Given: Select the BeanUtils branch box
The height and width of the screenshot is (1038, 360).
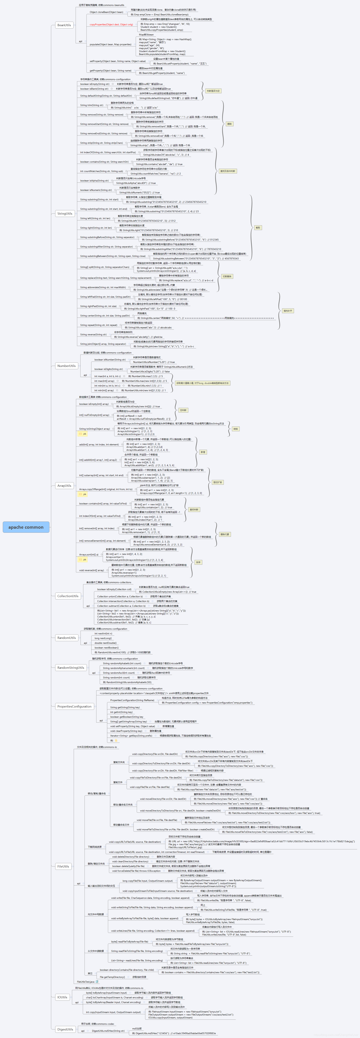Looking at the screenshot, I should (x=64, y=25).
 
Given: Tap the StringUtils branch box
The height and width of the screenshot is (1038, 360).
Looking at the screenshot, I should (x=64, y=214).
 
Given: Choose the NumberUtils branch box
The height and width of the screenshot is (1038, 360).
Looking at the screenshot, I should (x=66, y=366).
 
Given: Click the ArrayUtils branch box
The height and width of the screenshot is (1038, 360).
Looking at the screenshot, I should (x=64, y=486).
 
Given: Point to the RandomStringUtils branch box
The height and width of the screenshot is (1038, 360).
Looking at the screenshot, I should (x=71, y=668).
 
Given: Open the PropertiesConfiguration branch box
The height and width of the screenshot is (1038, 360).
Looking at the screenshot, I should (x=74, y=706).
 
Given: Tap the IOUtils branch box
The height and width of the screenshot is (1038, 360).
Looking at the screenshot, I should (x=62, y=997).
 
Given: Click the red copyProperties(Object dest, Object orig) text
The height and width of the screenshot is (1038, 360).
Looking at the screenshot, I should (x=111, y=25).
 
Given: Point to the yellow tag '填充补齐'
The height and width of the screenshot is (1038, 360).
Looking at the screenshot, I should (x=288, y=311).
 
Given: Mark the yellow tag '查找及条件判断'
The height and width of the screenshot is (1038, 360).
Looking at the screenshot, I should (x=228, y=171).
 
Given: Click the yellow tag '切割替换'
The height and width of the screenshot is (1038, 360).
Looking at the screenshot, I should (x=227, y=276).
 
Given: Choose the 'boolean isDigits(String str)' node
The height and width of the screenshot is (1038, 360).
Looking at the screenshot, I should (x=108, y=369).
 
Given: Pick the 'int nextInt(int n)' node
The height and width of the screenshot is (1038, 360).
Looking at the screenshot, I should (x=103, y=633).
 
